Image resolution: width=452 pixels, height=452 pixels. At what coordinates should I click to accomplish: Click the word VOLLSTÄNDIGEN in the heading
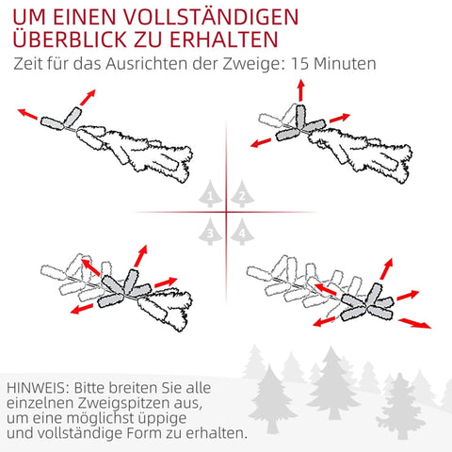(x=211, y=17)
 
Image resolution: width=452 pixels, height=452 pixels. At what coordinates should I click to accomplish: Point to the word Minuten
(x=345, y=64)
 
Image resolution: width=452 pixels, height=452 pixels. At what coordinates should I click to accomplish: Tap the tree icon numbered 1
(x=210, y=194)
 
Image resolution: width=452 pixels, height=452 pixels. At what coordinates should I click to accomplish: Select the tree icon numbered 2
(x=242, y=194)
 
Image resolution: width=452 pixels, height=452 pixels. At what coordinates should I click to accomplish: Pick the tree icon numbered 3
(x=210, y=232)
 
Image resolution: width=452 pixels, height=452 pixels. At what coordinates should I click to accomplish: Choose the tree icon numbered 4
(x=242, y=232)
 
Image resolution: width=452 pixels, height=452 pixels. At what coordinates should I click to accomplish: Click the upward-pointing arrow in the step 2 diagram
(x=301, y=90)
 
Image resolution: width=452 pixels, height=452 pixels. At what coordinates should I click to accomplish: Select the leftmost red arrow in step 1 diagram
(x=27, y=114)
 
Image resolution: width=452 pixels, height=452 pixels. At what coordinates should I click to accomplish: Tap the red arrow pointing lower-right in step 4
(x=414, y=323)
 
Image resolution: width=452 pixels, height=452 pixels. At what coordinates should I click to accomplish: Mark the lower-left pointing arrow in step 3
(x=82, y=309)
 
